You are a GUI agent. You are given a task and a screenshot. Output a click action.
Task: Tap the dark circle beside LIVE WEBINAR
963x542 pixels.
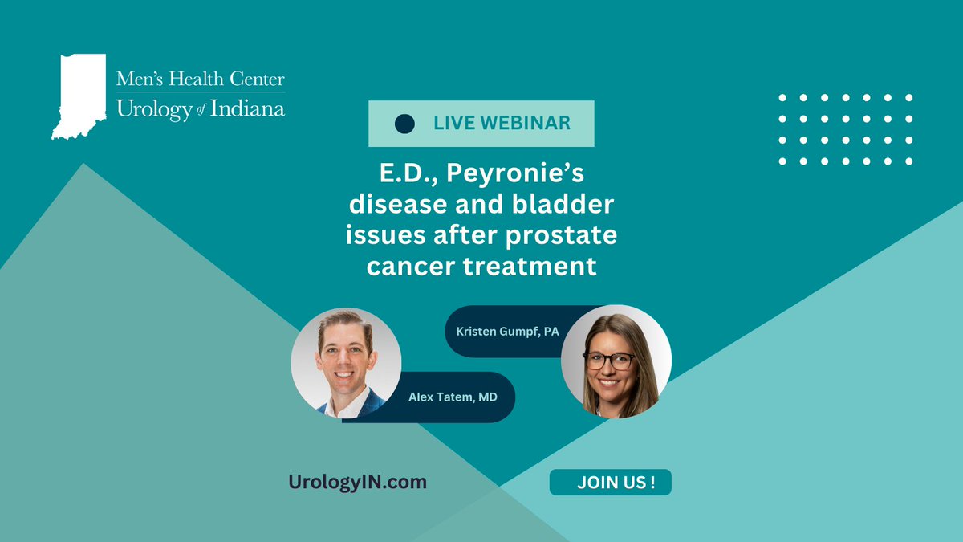click(405, 124)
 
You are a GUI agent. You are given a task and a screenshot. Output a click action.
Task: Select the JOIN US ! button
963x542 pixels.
click(610, 483)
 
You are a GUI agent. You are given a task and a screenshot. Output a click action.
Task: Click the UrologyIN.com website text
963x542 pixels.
click(358, 482)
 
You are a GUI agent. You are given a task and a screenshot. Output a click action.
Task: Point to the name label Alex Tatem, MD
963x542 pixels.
click(452, 397)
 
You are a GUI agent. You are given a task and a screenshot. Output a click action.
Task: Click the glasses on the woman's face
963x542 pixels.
click(610, 361)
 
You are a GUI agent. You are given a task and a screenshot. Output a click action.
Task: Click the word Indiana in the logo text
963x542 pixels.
click(248, 109)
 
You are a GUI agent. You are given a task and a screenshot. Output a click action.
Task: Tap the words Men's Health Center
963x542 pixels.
click(201, 79)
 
